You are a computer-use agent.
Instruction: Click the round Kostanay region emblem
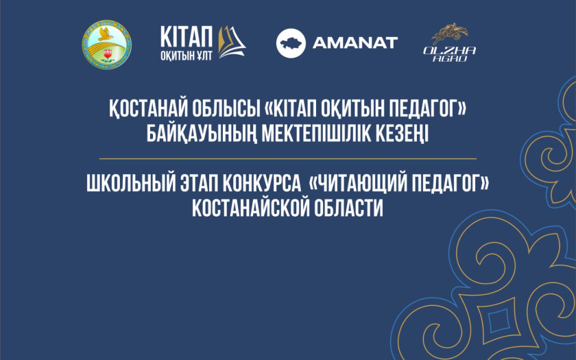[x=106, y=45]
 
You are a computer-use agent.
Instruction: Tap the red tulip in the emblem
[x=108, y=55]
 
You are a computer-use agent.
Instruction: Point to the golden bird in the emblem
[x=105, y=34]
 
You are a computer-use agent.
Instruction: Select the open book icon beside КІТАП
[x=232, y=42]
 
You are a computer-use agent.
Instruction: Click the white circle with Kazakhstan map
[x=291, y=43]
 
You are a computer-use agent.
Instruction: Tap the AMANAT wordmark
[x=355, y=43]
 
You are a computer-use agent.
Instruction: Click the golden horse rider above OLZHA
[x=450, y=34]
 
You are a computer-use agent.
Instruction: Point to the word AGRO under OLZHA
[x=450, y=58]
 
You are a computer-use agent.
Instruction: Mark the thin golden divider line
[x=288, y=158]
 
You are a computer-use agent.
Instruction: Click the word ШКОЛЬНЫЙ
[x=131, y=183]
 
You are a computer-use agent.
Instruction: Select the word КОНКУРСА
[x=261, y=183]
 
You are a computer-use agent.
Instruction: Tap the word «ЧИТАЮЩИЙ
[x=357, y=183]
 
